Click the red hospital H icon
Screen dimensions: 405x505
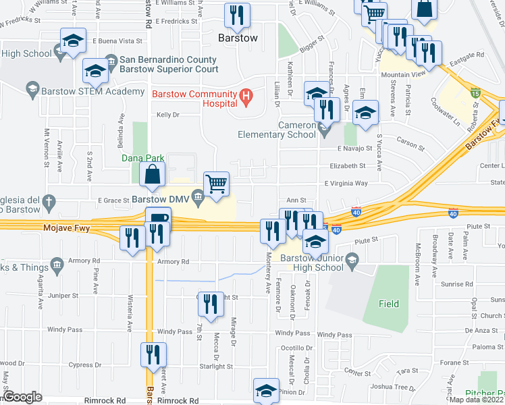pyautogui.click(x=246, y=98)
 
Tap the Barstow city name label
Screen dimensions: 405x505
pyautogui.click(x=238, y=38)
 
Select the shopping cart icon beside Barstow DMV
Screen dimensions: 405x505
pyautogui.click(x=216, y=183)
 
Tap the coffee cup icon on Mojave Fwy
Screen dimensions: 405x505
pyautogui.click(x=158, y=218)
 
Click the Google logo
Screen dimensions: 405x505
pyautogui.click(x=23, y=397)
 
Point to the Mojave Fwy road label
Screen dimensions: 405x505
pyautogui.click(x=62, y=229)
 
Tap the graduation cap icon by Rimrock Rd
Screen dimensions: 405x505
pyautogui.click(x=266, y=389)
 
